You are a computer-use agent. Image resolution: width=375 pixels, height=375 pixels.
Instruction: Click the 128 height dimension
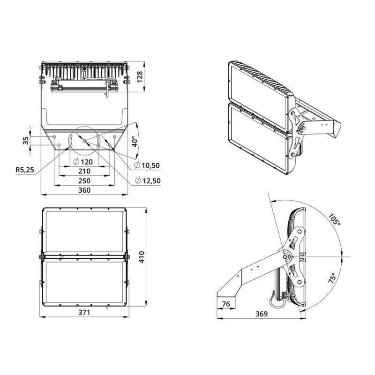point(140,77)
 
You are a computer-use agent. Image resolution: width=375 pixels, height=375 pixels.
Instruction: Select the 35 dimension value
point(26,141)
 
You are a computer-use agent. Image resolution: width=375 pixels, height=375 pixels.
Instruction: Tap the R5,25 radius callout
point(25,170)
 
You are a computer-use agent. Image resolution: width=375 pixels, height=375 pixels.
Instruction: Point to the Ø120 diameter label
point(83,162)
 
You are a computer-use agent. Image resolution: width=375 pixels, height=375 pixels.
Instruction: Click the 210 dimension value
point(84,171)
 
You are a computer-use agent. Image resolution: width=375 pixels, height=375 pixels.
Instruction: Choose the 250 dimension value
point(84,181)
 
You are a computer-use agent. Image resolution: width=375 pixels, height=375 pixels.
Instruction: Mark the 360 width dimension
point(84,190)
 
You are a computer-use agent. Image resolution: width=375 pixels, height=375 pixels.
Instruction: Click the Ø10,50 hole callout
point(147,165)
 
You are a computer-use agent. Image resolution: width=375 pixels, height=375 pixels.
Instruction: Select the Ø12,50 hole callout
point(148,180)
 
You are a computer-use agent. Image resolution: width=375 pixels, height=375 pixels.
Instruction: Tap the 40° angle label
point(135,142)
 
